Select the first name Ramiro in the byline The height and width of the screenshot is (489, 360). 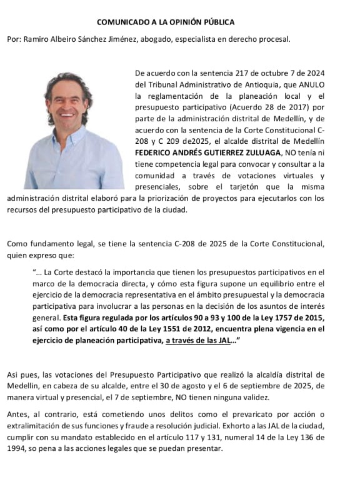[x=34, y=39]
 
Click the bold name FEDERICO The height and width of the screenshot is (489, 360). [x=155, y=152]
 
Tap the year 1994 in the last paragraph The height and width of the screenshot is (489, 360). [x=17, y=448]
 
